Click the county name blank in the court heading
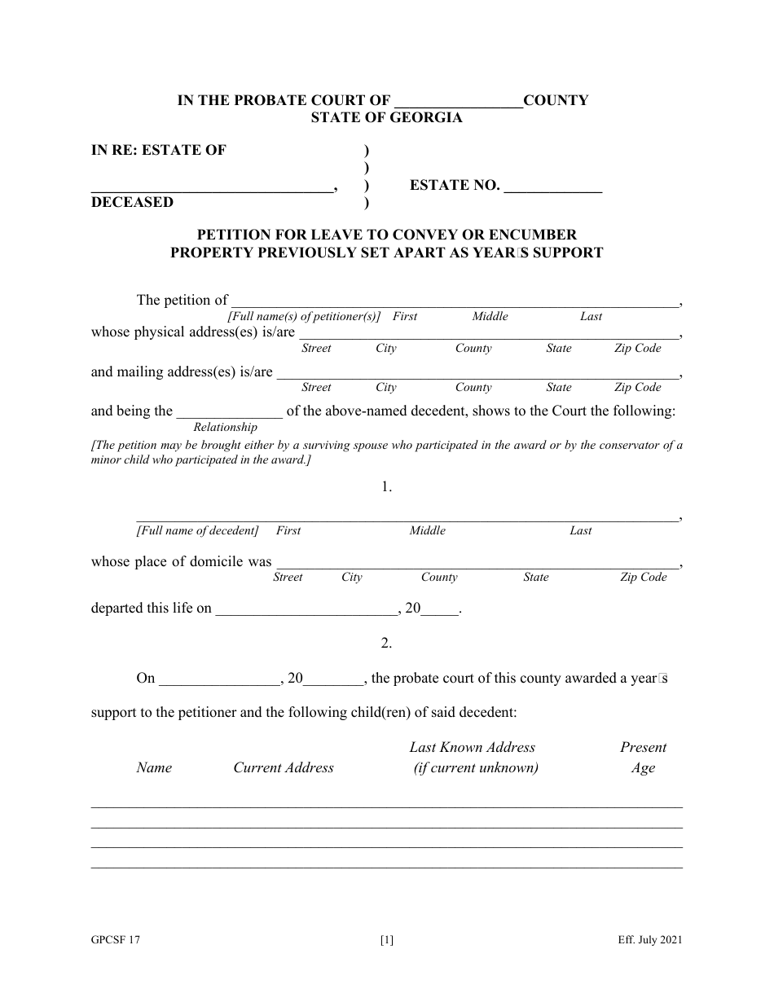coord(458,103)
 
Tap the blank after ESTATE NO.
coord(553,187)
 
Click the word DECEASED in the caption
coord(132,202)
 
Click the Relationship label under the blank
coord(225,427)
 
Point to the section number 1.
coord(386,487)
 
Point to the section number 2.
coord(386,643)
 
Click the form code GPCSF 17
coord(116,940)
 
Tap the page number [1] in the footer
coord(386,940)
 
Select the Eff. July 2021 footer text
coord(649,940)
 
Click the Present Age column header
coord(643,758)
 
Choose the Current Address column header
coord(284,767)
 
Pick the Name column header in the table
coord(154,767)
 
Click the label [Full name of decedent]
coord(197,531)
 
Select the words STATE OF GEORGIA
coord(386,117)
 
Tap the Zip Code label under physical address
coord(637,349)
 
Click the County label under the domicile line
coord(439,578)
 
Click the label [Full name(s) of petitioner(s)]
coord(305,317)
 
